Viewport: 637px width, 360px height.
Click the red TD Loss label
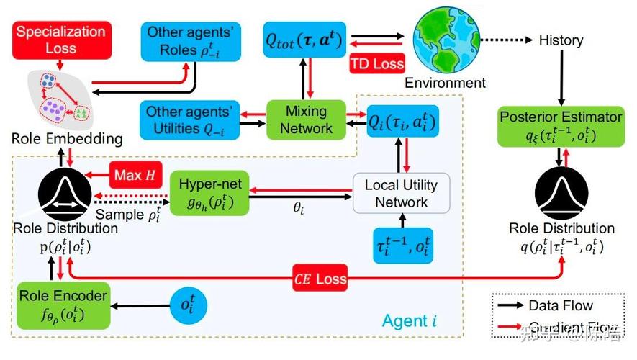point(377,63)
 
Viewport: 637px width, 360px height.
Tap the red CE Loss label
point(320,277)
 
